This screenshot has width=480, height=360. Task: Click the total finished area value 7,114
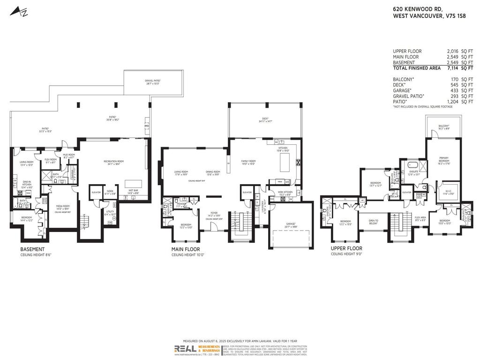click(x=452, y=68)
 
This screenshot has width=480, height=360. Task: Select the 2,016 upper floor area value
click(x=452, y=51)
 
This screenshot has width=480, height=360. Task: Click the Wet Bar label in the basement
click(x=133, y=191)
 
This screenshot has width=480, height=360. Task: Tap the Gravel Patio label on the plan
click(x=153, y=81)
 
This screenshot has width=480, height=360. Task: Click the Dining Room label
click(x=213, y=172)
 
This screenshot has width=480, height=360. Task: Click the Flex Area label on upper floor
click(x=420, y=217)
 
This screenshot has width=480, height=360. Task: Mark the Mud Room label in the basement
click(x=68, y=155)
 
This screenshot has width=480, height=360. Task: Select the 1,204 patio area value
click(x=452, y=102)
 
